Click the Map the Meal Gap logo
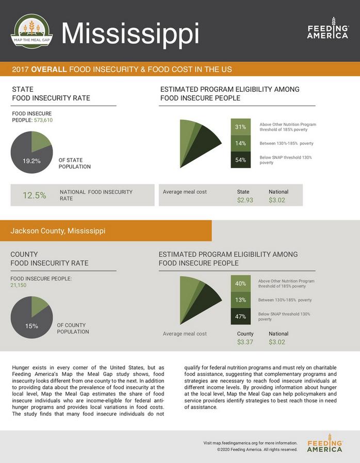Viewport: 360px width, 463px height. [31, 31]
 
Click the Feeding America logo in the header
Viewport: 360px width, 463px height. [328, 29]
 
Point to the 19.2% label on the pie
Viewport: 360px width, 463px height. [31, 161]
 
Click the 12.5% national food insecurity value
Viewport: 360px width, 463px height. [34, 195]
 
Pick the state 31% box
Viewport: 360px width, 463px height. [240, 127]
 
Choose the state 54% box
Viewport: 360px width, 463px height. [240, 160]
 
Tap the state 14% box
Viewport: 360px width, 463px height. [240, 143]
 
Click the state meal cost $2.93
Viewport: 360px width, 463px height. [245, 200]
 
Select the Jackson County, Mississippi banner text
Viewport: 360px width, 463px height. [58, 230]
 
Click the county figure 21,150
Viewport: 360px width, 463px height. [19, 285]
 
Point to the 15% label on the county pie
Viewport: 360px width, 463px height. [31, 326]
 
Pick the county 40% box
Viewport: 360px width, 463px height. [240, 284]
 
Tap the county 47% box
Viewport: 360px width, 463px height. [240, 317]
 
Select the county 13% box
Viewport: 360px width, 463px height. [240, 300]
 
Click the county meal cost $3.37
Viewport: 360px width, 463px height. [245, 342]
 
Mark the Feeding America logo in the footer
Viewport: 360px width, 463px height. [324, 446]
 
